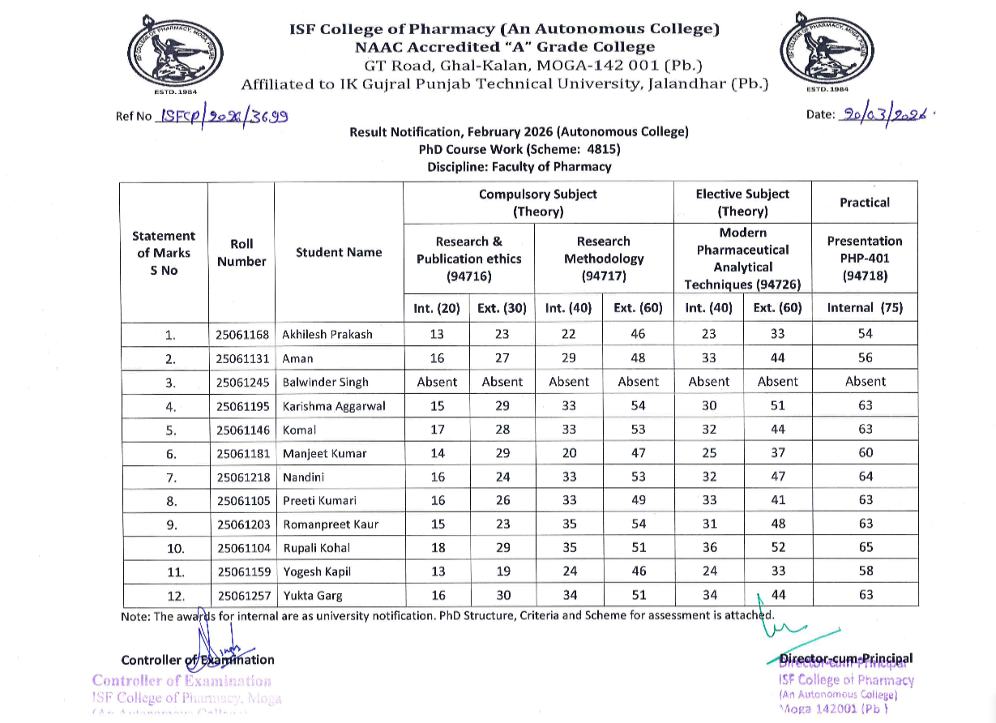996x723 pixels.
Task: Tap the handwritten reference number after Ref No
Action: (225, 116)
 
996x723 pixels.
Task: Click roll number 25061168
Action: (242, 334)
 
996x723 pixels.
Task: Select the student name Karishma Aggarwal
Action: (334, 405)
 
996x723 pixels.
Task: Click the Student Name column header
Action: (339, 252)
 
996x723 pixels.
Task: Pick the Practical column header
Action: (864, 203)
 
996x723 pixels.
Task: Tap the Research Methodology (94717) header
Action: (604, 258)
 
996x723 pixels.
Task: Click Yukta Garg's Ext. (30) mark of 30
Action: (502, 595)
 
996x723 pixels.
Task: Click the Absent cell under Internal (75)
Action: (866, 381)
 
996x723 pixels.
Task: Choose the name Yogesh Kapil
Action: (317, 571)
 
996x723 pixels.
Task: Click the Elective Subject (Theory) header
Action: (742, 203)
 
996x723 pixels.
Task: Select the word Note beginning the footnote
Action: (135, 617)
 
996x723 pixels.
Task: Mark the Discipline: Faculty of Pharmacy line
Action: (519, 167)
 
